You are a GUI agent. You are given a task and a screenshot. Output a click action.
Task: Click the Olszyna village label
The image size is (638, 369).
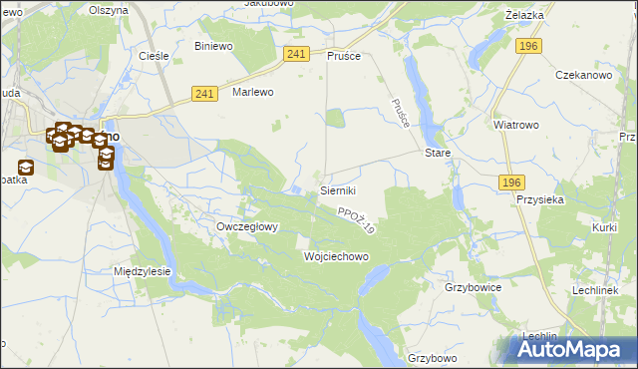[x=108, y=10]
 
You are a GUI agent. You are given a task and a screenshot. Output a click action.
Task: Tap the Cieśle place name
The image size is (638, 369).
[x=153, y=56]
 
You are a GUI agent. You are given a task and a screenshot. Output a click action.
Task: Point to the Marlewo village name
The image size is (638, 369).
[x=252, y=92]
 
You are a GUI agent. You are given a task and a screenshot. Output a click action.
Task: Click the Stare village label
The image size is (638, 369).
[x=439, y=154]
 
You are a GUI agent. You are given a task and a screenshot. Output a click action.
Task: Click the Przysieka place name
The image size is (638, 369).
[x=540, y=198]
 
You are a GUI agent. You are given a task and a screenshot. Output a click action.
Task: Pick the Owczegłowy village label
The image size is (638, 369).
[x=247, y=226]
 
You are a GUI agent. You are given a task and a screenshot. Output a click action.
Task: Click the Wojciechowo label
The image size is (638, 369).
[x=336, y=256]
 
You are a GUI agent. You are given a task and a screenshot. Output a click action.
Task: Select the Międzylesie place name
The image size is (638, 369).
[x=143, y=271]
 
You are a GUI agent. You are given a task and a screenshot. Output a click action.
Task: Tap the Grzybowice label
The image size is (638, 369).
[x=473, y=287]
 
